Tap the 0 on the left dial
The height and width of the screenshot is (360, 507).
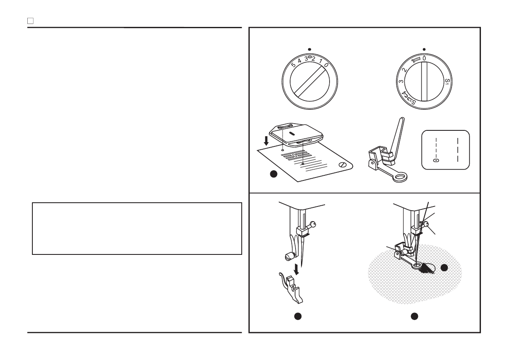[x=326, y=65]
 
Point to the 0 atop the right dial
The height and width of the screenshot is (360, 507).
[x=424, y=57]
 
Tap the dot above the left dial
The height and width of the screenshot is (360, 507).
[x=309, y=49]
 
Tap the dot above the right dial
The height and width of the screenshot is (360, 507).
[x=424, y=49]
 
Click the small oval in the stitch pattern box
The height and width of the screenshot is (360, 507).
[x=436, y=160]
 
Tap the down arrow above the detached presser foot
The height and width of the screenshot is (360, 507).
[x=296, y=268]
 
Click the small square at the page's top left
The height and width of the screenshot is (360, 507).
[x=30, y=20]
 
